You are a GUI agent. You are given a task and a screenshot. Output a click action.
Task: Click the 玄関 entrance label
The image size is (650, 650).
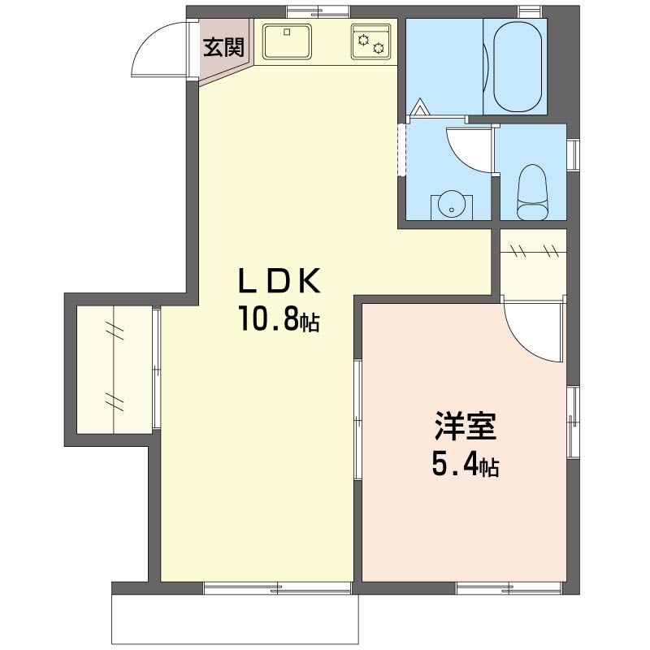coord(223,47)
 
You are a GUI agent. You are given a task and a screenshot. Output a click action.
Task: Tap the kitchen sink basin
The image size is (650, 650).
coord(287,41)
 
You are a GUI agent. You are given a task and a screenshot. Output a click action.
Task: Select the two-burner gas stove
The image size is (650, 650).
coord(370,41)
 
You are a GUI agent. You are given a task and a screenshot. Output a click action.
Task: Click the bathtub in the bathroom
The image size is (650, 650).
coord(518,66)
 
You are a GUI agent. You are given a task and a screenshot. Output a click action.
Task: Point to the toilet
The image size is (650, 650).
coord(533,193)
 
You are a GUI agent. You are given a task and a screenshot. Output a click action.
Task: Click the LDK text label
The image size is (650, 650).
coord(279,280)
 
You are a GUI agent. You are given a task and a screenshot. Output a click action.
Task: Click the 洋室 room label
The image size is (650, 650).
coord(465,426)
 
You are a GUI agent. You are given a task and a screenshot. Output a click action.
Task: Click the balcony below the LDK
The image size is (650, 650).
coord(235,619)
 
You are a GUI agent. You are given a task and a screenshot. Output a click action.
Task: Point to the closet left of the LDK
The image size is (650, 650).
coord(114,370)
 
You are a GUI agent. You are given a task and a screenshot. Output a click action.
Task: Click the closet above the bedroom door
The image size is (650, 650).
coord(533,263)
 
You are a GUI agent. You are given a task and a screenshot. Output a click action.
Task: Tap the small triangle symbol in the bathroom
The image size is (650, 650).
coord(420,107)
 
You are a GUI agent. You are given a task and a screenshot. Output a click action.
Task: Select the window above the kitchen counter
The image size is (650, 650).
coord(318,12)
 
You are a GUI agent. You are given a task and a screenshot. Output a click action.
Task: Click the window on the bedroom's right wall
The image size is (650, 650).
coord(573,422)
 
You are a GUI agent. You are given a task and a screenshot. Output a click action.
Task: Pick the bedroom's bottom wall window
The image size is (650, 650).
coord(509,588)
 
